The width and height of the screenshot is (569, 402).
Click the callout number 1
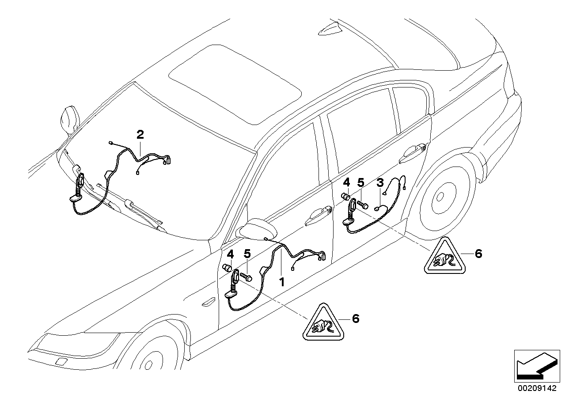tap(281, 281)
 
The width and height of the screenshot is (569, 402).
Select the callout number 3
tap(379, 182)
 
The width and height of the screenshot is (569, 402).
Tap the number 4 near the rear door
tap(346, 182)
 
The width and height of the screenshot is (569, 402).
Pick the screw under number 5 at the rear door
tap(363, 205)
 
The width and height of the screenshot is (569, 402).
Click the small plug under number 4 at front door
tap(228, 267)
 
